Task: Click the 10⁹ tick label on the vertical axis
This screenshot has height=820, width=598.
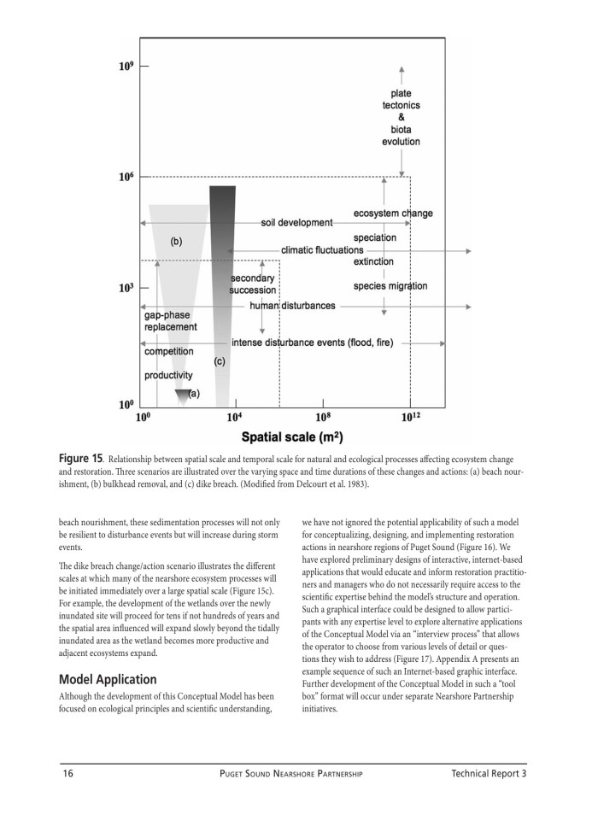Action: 126,66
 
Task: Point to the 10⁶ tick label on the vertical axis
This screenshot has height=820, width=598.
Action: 126,177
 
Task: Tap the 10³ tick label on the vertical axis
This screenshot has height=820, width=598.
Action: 126,289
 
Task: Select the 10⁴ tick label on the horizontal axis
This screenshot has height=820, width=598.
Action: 236,418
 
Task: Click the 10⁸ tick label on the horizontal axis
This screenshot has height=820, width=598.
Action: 323,418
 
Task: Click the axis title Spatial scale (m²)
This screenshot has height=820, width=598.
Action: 292,437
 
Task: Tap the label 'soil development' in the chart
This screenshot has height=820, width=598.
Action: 296,223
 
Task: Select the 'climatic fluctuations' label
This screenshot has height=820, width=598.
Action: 322,250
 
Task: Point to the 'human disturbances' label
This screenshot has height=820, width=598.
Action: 292,306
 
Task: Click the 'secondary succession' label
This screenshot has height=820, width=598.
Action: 253,284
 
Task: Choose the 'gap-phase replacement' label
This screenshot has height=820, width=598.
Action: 170,321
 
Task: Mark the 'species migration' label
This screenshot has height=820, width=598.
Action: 390,286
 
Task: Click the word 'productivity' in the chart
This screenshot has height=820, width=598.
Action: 168,375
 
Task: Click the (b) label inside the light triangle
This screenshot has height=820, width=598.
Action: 176,242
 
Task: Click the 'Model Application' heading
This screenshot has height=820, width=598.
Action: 108,680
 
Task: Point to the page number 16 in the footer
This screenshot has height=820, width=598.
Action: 68,774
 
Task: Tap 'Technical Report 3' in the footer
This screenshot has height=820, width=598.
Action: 489,774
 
